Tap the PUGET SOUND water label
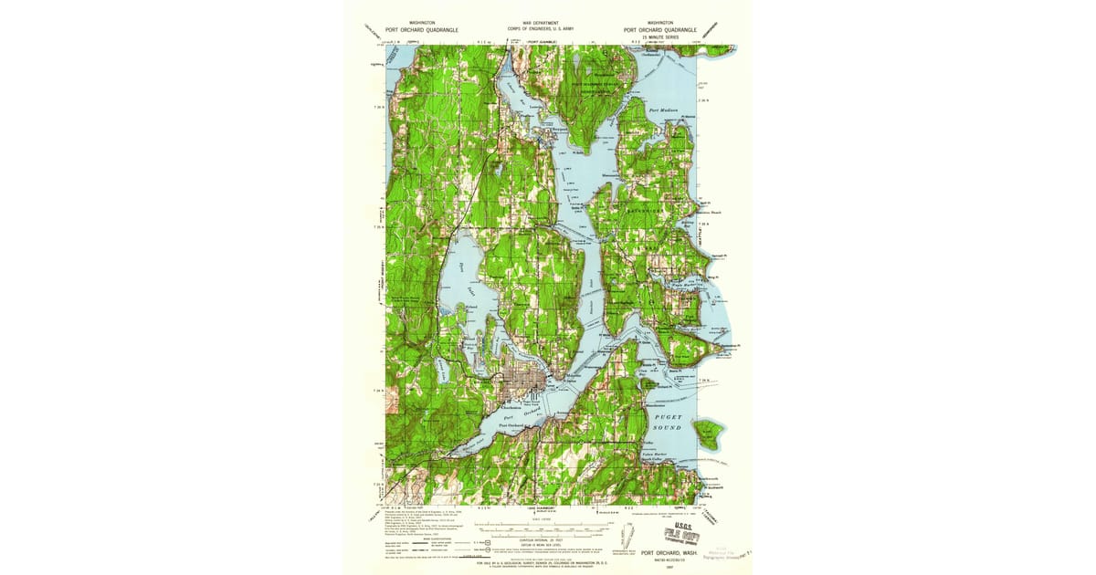[669, 422]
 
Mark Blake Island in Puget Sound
[707, 432]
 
